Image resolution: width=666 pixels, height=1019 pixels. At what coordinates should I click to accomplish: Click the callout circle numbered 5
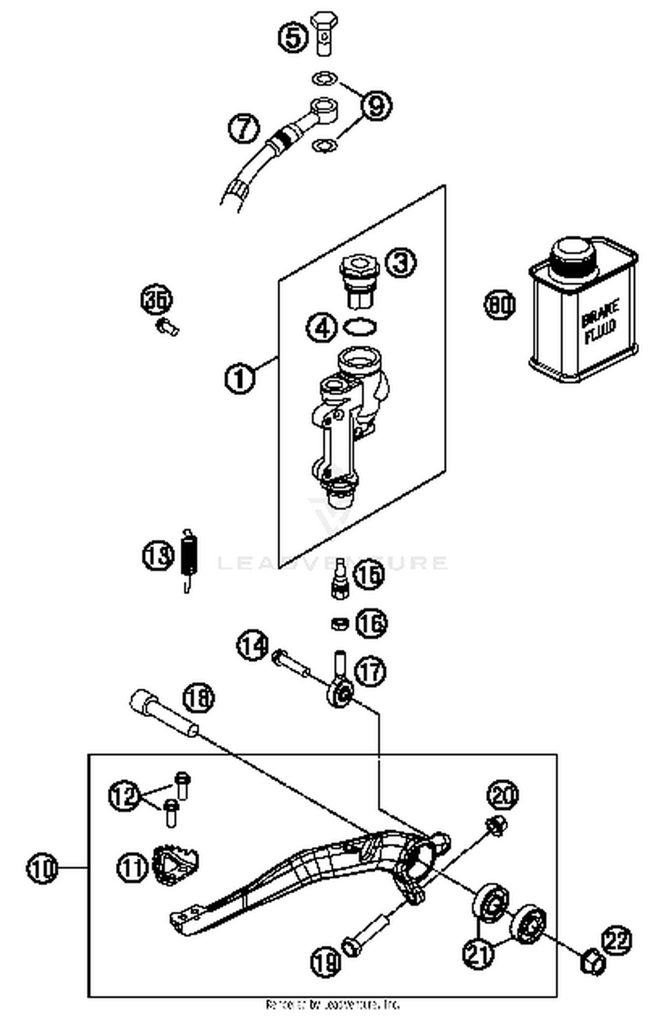point(293,37)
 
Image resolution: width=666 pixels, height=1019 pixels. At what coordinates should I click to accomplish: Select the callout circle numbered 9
point(376,106)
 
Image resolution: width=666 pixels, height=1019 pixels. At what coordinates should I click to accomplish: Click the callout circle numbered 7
point(244,128)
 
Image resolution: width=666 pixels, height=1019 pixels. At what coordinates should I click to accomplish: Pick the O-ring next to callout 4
point(361,328)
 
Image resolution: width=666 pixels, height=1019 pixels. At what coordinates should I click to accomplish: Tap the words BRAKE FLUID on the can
point(599,322)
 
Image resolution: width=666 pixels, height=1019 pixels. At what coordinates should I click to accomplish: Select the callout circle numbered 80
point(499,305)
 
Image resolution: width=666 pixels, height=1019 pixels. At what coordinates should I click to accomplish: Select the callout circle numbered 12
point(124,795)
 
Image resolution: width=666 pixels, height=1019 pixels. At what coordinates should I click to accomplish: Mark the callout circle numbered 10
point(42,868)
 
